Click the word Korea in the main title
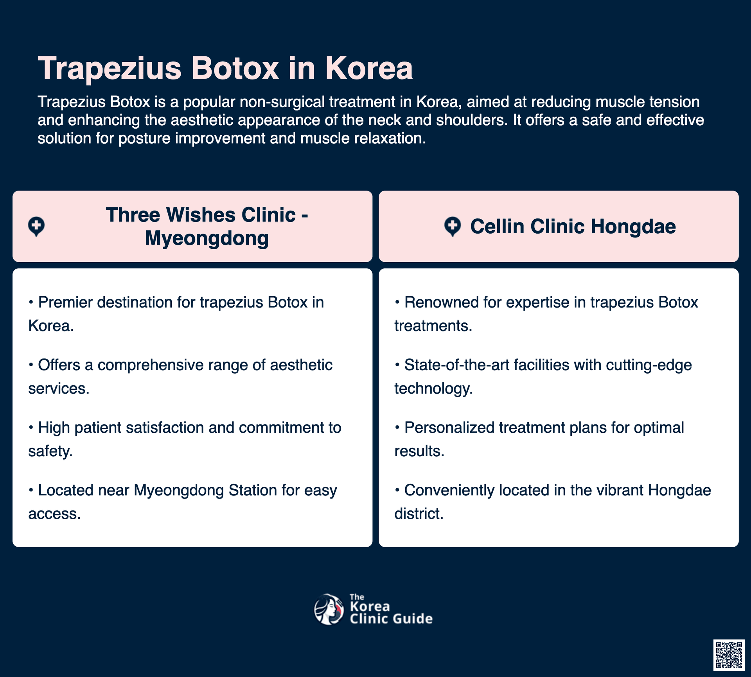pyautogui.click(x=369, y=68)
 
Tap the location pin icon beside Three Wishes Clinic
pyautogui.click(x=36, y=227)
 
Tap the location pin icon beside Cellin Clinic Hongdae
pyautogui.click(x=453, y=227)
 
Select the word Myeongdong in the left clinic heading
pyautogui.click(x=207, y=239)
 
